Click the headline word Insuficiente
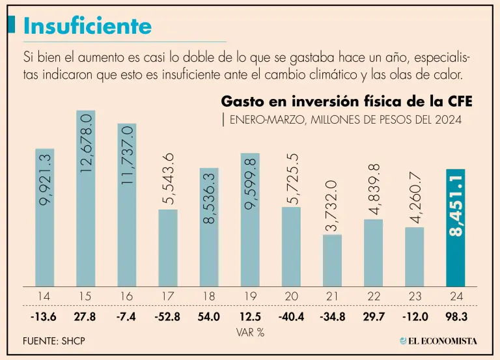[87, 26]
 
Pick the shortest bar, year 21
[332, 260]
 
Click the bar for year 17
[167, 247]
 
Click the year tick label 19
[250, 296]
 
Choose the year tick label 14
[44, 296]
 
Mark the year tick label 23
[415, 296]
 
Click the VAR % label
[250, 332]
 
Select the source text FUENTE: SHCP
[54, 341]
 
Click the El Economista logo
[438, 340]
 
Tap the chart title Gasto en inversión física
[347, 102]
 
